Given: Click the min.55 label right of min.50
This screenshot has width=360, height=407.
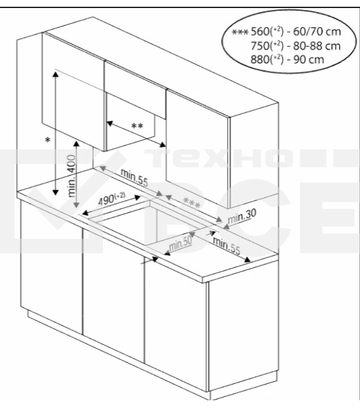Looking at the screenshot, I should (226, 246).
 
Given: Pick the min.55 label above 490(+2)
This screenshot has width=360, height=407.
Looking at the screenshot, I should (134, 178).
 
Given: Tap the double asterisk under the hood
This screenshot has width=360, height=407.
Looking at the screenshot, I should (137, 126).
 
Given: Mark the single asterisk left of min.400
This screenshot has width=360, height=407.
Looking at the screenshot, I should (47, 140).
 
